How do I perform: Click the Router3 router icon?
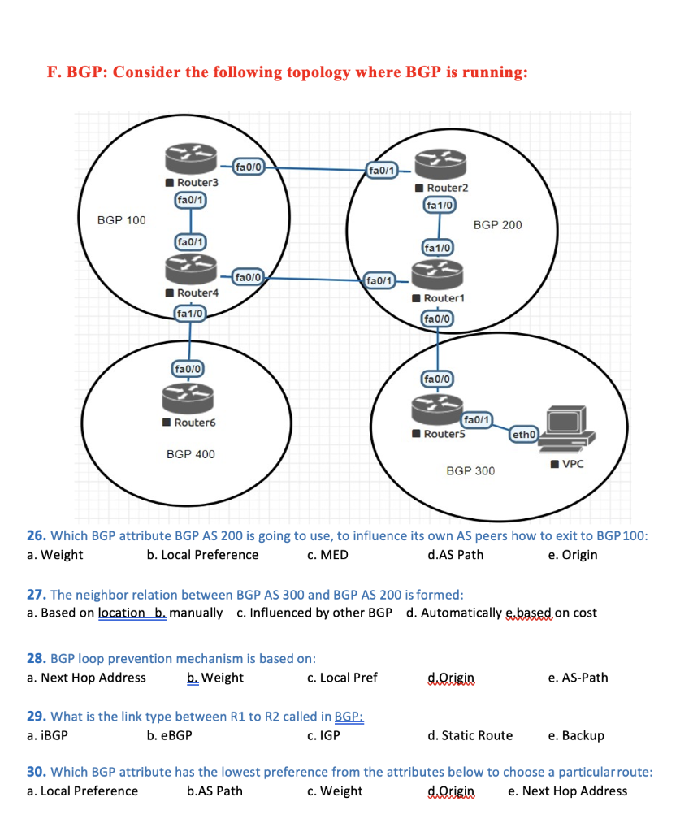191,158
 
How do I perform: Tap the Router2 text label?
447,188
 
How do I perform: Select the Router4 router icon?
191,267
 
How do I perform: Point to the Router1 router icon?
437,272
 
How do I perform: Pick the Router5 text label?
443,434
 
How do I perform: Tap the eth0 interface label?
523,435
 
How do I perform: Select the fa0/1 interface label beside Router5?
476,420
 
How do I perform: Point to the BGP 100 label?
122,220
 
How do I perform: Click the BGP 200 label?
497,224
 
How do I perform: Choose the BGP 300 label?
470,471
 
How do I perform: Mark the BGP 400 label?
191,454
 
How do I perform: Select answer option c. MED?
328,555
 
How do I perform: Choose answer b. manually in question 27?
188,613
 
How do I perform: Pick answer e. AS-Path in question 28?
578,678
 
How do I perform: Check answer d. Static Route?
470,735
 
